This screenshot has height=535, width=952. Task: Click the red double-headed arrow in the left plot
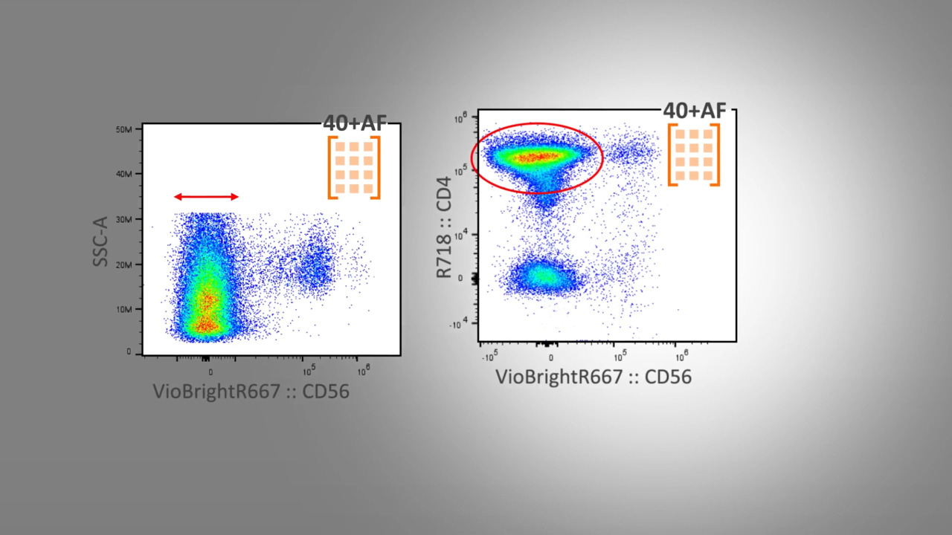206,197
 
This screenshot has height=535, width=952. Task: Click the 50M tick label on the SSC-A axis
123,129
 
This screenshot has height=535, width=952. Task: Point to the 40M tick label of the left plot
123,174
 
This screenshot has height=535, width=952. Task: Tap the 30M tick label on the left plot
123,219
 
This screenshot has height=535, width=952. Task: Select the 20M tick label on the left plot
123,265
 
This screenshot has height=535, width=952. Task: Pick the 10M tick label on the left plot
123,309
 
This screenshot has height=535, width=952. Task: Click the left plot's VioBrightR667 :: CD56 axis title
251,392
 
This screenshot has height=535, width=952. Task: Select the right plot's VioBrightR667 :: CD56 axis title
594,377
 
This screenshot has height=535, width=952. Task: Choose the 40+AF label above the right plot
695,110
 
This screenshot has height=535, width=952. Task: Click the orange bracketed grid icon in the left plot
354,167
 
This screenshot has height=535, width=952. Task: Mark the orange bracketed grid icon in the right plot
694,155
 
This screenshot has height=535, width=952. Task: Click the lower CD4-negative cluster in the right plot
543,276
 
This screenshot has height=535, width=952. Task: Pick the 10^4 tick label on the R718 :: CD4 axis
460,234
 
